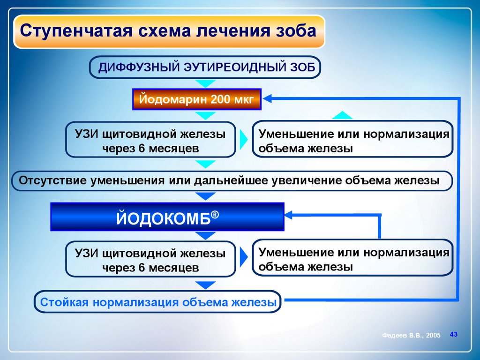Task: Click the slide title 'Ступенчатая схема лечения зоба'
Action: coord(169,32)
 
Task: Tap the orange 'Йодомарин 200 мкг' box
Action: coord(196,99)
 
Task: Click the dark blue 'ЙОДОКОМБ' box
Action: coord(167,217)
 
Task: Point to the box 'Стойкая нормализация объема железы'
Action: coord(158,302)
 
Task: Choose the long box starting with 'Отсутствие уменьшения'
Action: coord(232,181)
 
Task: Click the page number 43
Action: coord(453,334)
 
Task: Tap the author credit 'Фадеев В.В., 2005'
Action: coord(411,336)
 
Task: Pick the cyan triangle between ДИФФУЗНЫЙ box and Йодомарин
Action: coord(204,84)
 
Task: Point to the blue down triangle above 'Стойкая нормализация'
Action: coord(205,285)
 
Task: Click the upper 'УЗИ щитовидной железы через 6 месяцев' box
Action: coord(150,139)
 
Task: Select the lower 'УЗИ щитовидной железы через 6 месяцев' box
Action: coord(150,259)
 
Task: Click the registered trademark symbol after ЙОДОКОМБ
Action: coord(215,213)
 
